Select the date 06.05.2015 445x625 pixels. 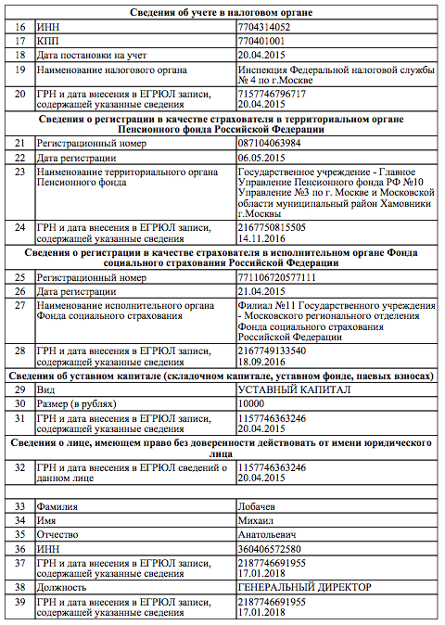point(261,157)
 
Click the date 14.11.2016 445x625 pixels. point(261,237)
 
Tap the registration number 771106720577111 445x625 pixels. point(277,277)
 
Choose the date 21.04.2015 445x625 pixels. point(261,291)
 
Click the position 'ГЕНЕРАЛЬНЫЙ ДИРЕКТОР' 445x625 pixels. point(304,588)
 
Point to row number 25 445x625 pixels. point(19,277)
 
